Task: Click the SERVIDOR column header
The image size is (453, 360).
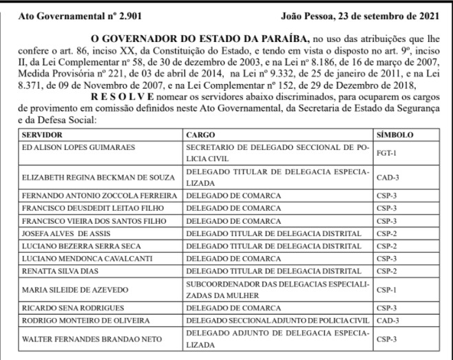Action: click(43, 134)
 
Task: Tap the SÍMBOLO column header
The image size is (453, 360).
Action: click(396, 134)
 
